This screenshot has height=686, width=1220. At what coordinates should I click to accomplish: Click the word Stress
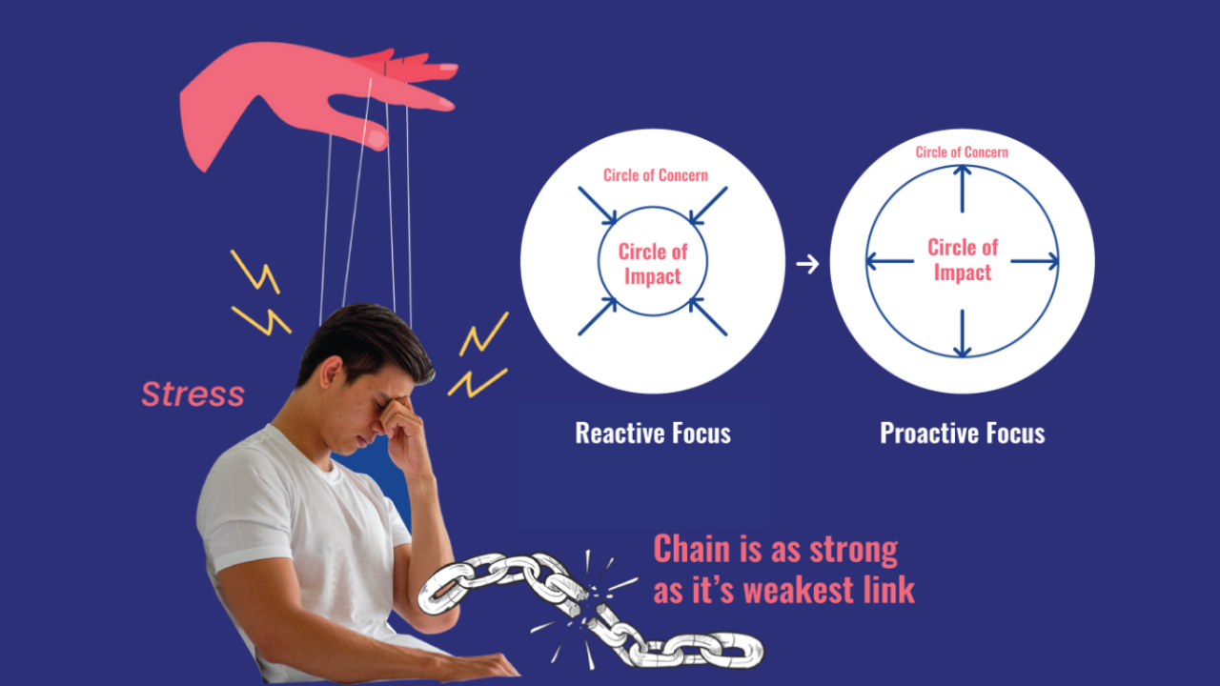point(193,393)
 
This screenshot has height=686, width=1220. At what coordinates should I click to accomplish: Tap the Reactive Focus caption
point(653,434)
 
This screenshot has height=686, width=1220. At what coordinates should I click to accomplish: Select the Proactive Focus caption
point(962,434)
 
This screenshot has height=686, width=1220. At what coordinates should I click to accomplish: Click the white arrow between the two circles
point(807,264)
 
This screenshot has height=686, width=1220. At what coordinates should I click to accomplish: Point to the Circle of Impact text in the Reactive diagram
point(653,264)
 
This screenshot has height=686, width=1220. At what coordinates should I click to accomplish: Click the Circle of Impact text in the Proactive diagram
point(963,260)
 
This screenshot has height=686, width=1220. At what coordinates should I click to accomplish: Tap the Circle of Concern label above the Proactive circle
point(962,152)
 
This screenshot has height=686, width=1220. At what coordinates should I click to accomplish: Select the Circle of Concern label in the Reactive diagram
point(656,175)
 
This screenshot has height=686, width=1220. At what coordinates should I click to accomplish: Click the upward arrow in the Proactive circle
point(962,189)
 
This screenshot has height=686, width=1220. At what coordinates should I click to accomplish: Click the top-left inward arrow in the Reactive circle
point(597,206)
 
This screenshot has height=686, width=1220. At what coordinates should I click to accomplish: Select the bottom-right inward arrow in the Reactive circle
point(708,316)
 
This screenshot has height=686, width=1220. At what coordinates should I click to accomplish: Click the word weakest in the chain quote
point(795,591)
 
